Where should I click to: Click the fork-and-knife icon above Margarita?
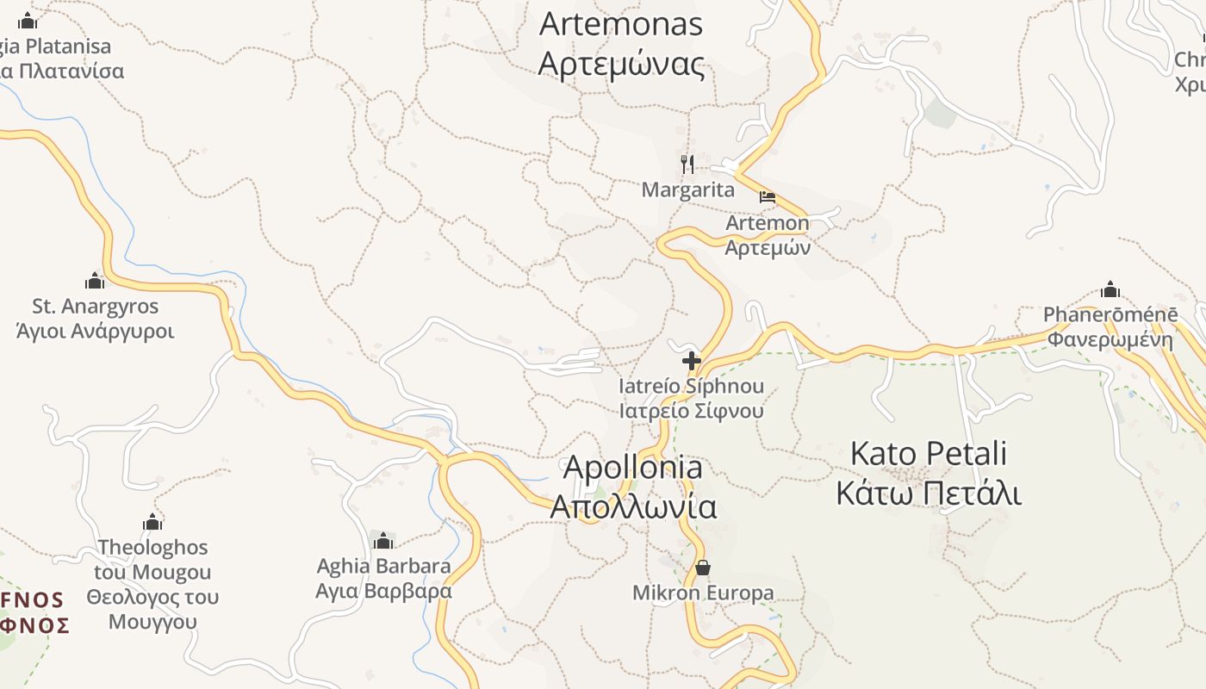[x=687, y=164]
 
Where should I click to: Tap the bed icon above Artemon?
[x=767, y=197]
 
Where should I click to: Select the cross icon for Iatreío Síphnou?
[x=691, y=361]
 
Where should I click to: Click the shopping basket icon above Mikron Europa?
[x=703, y=568]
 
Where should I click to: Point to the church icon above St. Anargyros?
[x=95, y=281]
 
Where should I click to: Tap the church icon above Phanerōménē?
[x=1110, y=289]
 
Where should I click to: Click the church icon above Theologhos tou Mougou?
[x=152, y=522]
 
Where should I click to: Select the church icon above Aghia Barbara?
[x=383, y=541]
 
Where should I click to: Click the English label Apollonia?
[x=632, y=468]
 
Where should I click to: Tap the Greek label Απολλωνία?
[x=633, y=507]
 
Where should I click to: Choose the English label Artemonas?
[x=621, y=24]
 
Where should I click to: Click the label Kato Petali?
[x=929, y=453]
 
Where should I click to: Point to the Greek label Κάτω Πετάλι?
[x=929, y=494]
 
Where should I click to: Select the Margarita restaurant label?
[x=688, y=190]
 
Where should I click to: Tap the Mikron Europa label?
[x=703, y=593]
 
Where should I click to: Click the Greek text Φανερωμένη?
[x=1110, y=339]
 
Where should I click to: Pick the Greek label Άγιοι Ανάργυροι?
[x=96, y=332]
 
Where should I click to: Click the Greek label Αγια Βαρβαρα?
[x=383, y=592]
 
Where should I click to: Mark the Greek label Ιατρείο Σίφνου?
[x=691, y=411]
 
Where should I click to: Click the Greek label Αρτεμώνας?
[x=621, y=65]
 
